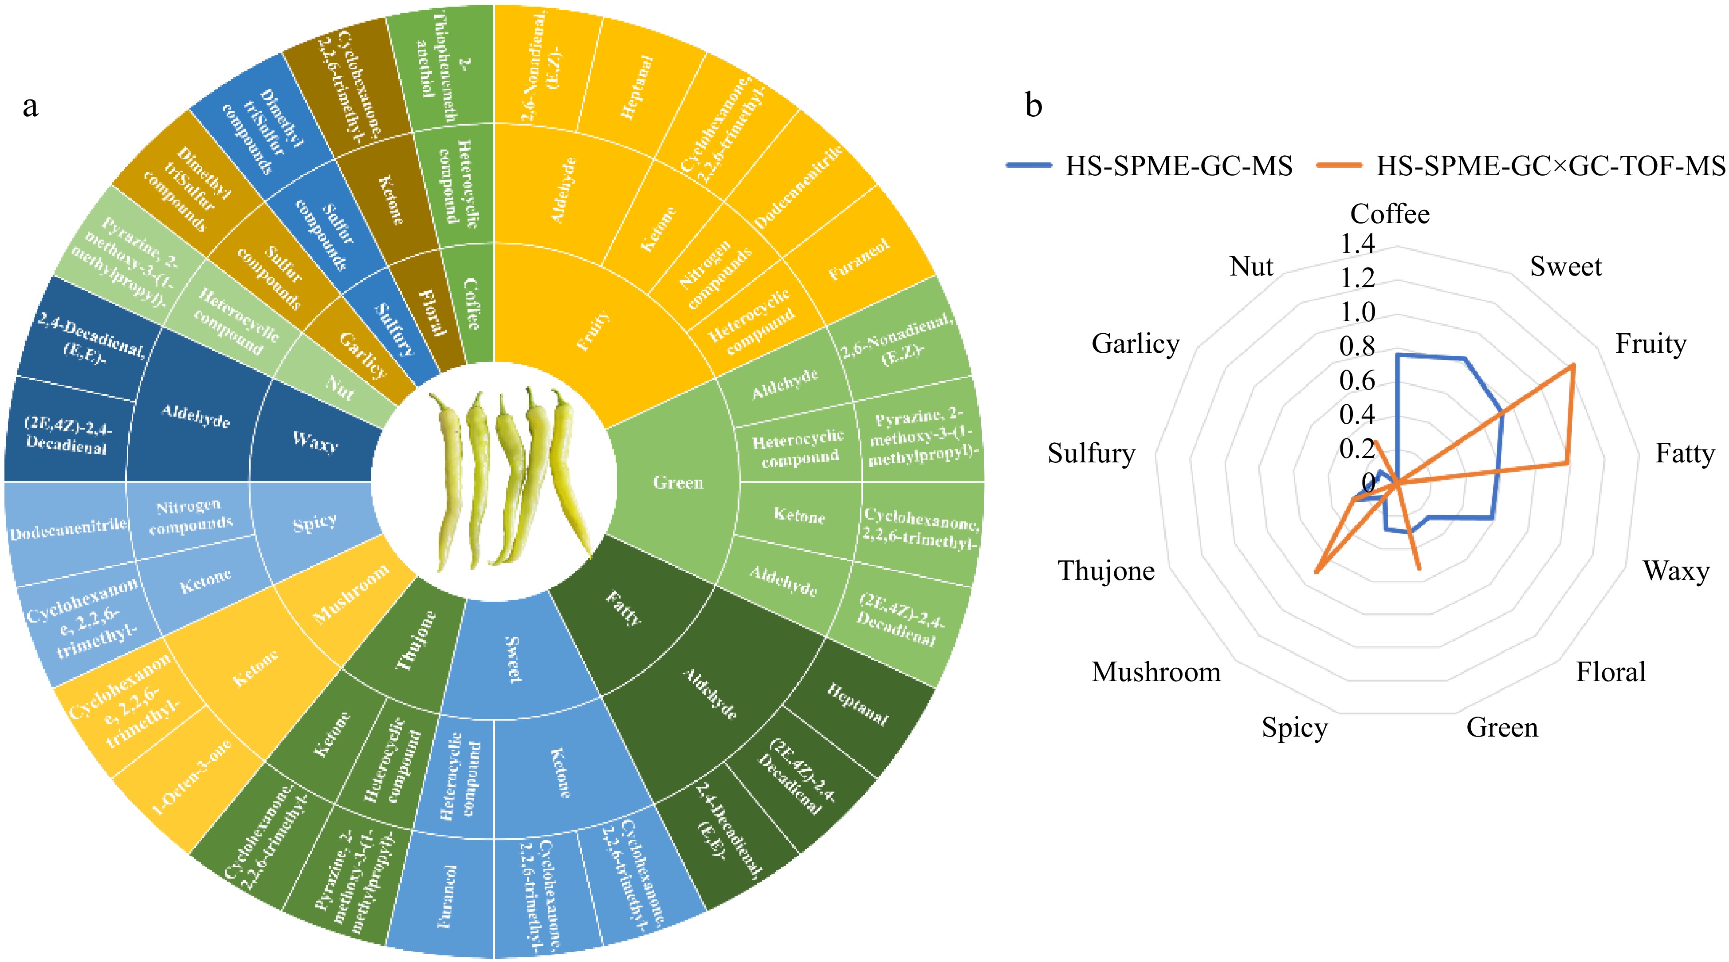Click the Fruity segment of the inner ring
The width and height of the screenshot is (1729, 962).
point(594,330)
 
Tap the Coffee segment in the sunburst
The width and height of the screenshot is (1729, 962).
point(472,304)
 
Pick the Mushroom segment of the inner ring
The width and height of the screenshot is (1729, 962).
point(351,594)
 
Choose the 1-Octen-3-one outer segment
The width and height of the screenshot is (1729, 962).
point(191,777)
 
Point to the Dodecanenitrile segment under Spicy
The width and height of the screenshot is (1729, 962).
point(68,530)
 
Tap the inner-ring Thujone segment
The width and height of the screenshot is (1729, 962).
point(416,641)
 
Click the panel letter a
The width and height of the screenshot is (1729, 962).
point(30,106)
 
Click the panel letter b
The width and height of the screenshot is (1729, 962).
point(1033,106)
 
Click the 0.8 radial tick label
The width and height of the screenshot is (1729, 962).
point(1357,347)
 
